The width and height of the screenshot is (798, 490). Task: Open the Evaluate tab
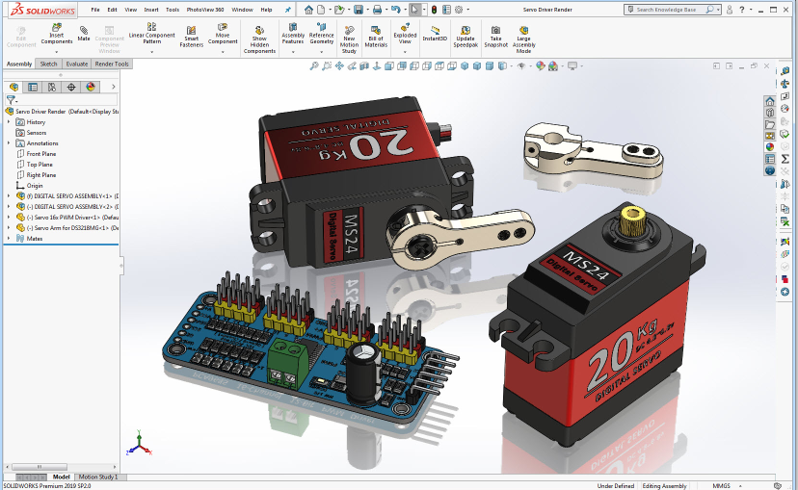point(77,64)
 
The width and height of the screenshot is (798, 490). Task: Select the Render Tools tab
point(112,64)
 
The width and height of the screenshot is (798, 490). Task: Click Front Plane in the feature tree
point(40,154)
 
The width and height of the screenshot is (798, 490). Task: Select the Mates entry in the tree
point(35,238)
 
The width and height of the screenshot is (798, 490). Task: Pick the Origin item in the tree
point(35,186)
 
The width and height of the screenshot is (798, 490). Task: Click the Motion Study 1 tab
point(98,477)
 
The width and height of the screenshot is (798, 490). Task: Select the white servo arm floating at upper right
point(594,154)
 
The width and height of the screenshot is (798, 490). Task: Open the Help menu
point(266,10)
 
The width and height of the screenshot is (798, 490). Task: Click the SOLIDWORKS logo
point(39,10)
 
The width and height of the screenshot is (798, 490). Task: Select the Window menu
point(242,10)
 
